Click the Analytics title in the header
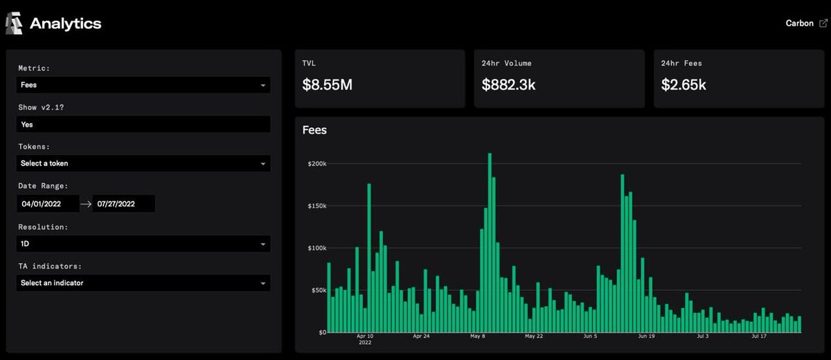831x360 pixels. point(65,24)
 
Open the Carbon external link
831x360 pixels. point(805,24)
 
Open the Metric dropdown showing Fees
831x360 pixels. point(143,85)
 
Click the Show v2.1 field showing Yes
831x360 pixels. point(143,125)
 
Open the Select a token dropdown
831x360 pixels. point(143,163)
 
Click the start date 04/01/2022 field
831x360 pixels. point(48,204)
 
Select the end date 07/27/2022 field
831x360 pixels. point(123,204)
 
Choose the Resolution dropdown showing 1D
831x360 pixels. point(143,244)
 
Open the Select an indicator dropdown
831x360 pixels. point(143,283)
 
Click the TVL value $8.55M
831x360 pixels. point(328,85)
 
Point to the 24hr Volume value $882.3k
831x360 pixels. point(509,85)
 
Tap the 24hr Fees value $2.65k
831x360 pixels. point(683,85)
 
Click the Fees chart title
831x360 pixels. point(314,130)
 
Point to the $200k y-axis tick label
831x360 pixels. point(316,164)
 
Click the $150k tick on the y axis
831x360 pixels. point(316,206)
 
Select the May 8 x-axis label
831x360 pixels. point(478,336)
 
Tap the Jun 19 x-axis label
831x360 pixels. point(647,336)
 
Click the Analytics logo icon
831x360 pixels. point(14,24)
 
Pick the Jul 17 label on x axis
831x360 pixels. point(759,336)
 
